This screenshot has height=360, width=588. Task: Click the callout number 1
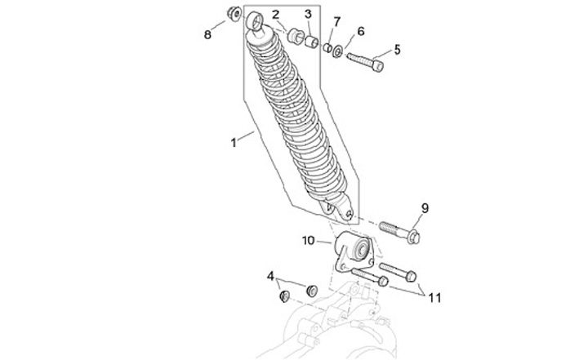tap(234, 143)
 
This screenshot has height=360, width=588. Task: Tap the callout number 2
tap(275, 15)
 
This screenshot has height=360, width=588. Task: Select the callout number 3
tap(308, 15)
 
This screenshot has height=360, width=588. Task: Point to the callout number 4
tap(270, 276)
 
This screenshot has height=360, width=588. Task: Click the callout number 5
tap(397, 49)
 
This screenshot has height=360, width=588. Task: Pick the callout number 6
tap(360, 32)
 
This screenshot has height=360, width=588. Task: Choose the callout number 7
tap(336, 20)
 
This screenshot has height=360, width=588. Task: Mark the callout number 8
tap(207, 34)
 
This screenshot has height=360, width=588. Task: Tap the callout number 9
tap(425, 207)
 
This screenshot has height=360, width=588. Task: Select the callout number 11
tap(434, 298)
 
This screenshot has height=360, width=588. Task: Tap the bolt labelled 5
tap(364, 60)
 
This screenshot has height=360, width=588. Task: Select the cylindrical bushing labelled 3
tap(310, 38)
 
